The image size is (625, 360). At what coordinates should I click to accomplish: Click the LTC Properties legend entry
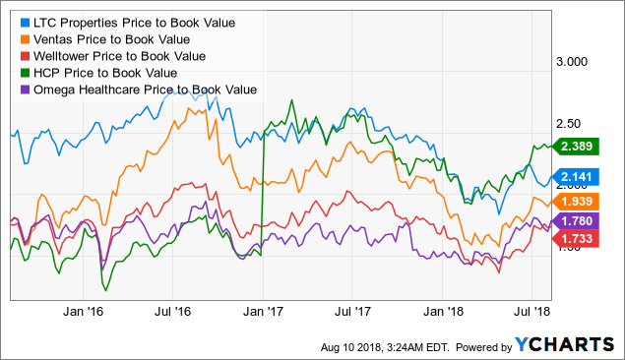pos(138,21)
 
